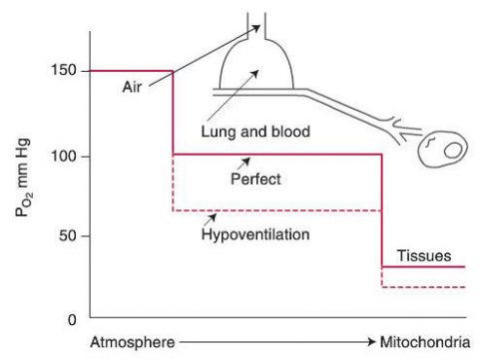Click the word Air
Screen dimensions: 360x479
click(130, 86)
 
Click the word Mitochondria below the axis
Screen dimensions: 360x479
click(422, 343)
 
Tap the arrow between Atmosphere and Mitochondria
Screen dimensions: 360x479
click(270, 343)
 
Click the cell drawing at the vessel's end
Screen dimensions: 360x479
click(442, 152)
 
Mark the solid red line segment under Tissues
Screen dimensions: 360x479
click(424, 266)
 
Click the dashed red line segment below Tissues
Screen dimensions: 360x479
click(424, 287)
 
